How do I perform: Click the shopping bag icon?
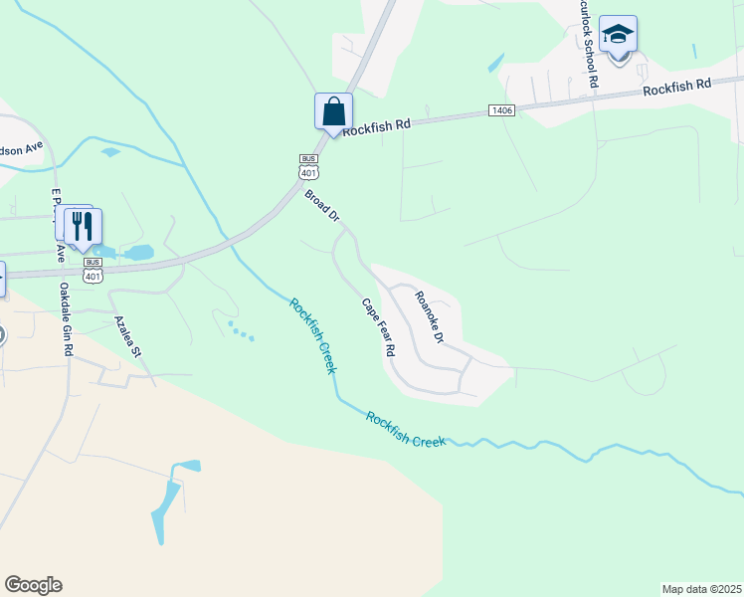pos(333,110)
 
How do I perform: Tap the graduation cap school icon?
pos(618,36)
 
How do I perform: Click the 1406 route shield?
pos(501,109)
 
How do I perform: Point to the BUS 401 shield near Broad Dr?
pos(308,166)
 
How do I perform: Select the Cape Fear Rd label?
pos(378,328)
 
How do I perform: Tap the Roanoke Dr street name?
pos(429,315)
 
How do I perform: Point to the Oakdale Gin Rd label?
pos(65,316)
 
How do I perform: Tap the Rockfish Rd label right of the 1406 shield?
pos(677,88)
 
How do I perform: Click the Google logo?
pos(33,585)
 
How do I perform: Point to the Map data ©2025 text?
pos(701,589)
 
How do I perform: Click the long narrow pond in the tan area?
pos(167,508)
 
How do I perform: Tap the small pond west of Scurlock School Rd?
pos(496,62)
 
